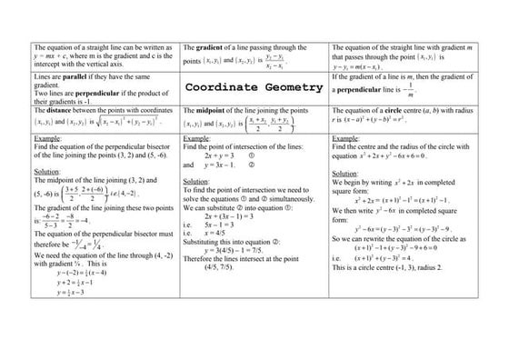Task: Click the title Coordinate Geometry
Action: (254, 88)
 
